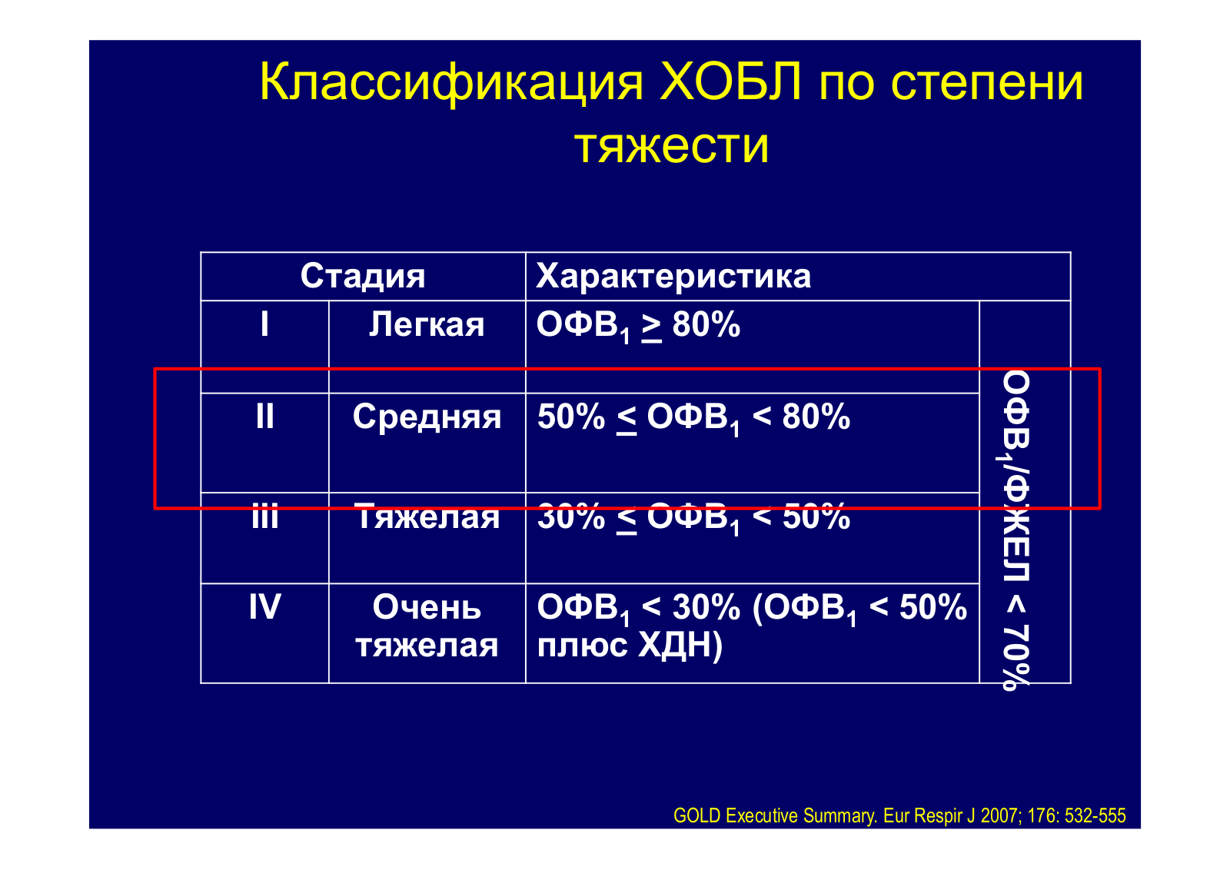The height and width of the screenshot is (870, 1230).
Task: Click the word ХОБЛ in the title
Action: coord(730,83)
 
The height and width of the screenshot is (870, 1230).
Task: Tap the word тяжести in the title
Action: coord(672,146)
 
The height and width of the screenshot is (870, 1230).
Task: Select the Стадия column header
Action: coord(362,276)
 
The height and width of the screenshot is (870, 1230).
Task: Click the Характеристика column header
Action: coord(673,276)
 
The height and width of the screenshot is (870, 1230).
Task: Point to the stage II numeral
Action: coord(264,417)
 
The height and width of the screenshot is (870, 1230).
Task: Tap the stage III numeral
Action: coord(264,516)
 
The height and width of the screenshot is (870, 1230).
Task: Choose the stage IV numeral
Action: coord(264,607)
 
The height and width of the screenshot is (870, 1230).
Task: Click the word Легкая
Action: coord(427,324)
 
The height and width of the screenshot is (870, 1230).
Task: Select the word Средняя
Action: coord(427,417)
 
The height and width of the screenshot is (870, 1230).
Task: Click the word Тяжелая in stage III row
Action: coord(427,516)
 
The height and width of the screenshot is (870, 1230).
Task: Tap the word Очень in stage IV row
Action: coord(427,608)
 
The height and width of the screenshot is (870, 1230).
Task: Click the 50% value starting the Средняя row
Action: coord(571,417)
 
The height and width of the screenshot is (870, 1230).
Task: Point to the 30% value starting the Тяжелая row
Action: coord(571,516)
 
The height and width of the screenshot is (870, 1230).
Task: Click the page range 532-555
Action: coord(1095,815)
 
